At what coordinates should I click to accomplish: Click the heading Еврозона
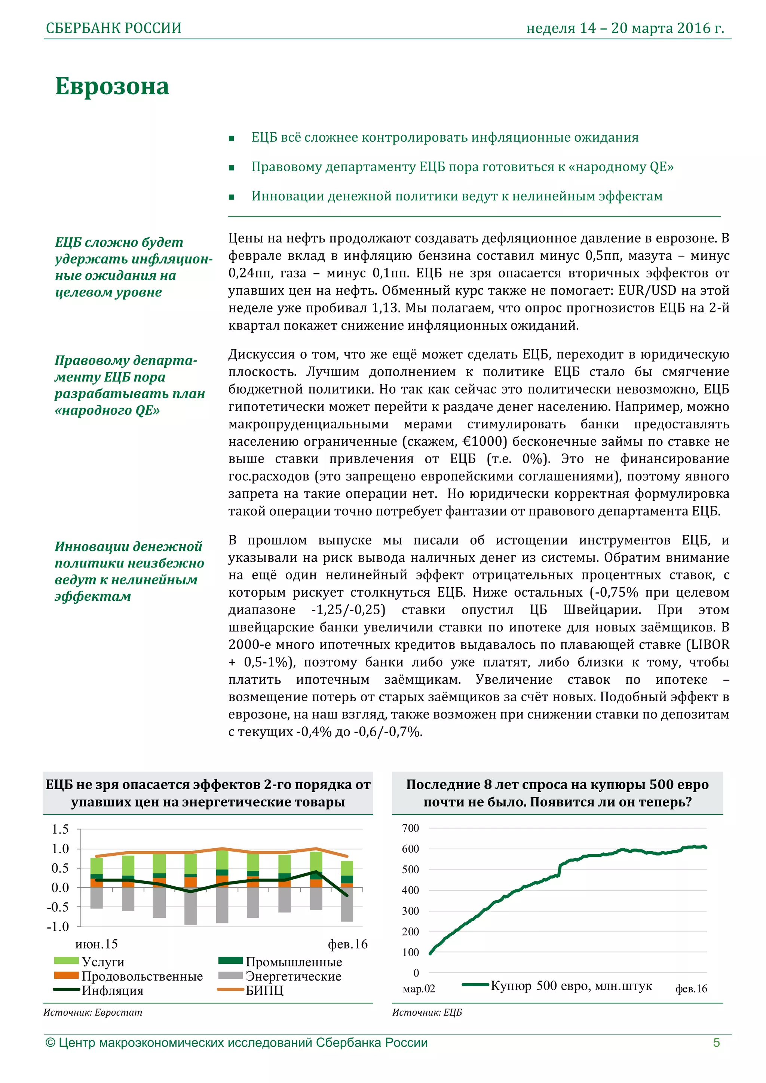tap(112, 87)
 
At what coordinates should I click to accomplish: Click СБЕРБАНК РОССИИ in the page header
tap(113, 28)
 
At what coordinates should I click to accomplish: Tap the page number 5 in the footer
tap(716, 1042)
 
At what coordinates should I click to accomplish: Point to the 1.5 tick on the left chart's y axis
tap(61, 829)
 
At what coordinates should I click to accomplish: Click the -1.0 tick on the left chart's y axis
tap(58, 926)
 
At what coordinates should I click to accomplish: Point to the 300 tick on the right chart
tap(410, 911)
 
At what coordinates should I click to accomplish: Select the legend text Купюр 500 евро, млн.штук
tap(571, 986)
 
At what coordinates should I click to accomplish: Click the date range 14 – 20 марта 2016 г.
tap(651, 28)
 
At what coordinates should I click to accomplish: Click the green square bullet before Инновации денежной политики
tap(231, 197)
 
